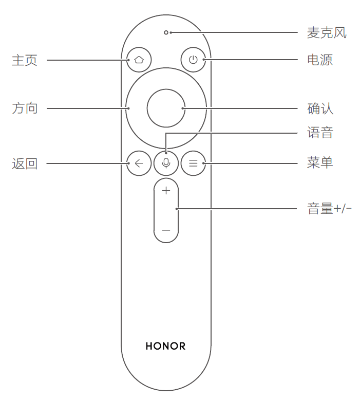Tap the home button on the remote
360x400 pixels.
pos(139,60)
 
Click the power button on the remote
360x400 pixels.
pos(193,60)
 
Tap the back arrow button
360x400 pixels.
pos(139,163)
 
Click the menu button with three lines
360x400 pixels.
pos(193,163)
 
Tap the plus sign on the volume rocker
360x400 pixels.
pos(166,191)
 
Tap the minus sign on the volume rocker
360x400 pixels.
pos(166,230)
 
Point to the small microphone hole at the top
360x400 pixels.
pos(166,32)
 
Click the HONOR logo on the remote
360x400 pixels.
pos(165,346)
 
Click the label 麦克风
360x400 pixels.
pos(327,33)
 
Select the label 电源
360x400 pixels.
pos(319,60)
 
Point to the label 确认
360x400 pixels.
pos(320,108)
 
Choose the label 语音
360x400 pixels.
pos(320,133)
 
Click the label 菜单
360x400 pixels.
pos(320,163)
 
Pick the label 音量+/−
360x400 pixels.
pos(329,209)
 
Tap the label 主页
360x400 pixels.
pos(25,60)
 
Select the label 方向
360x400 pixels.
pos(25,108)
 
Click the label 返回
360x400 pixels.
pos(25,163)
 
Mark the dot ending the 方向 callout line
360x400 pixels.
pos(128,108)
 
